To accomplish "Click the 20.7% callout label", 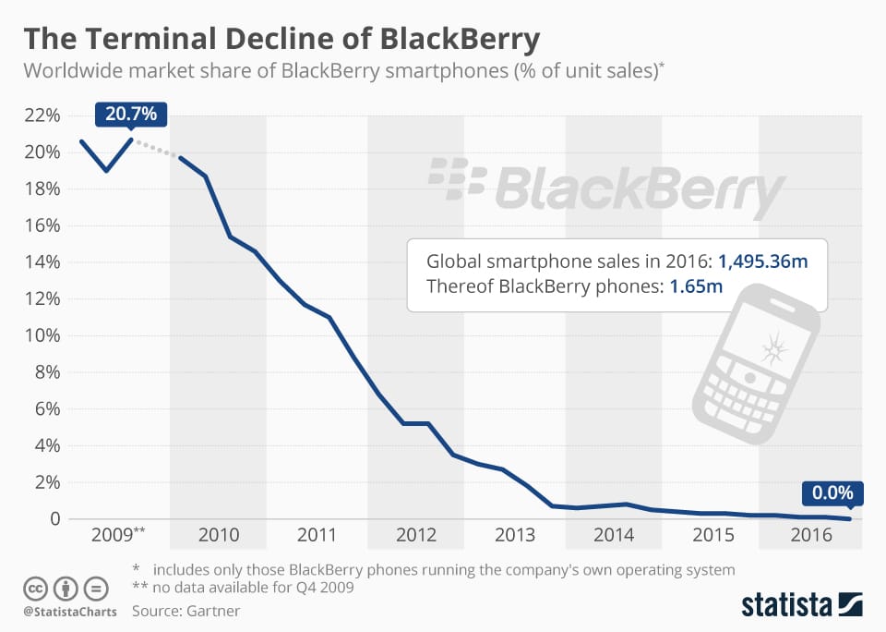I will pos(131,115).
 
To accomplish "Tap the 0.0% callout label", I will pos(832,492).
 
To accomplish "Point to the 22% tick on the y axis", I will pos(42,115).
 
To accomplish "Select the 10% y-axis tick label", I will pos(42,335).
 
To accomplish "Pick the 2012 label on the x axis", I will pos(416,535).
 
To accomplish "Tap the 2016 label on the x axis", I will pos(812,535).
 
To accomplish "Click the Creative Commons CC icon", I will pos(35,587).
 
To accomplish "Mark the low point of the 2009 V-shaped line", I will pos(106,171).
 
